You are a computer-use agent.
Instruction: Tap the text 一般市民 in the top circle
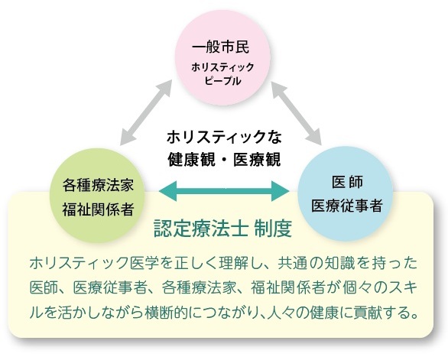[x=221, y=47]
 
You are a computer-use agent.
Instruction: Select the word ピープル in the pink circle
[x=223, y=81]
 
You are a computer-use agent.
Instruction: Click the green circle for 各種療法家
[x=97, y=196]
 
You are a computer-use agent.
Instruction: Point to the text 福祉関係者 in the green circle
[x=98, y=209]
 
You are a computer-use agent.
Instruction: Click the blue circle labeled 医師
[x=346, y=193]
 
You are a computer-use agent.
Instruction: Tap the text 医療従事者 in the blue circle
[x=347, y=206]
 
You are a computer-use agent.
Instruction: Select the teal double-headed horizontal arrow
[x=224, y=191]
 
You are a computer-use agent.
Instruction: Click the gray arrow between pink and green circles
[x=146, y=112]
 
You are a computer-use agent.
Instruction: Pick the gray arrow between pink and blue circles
[x=297, y=113]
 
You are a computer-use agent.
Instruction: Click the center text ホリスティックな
[x=224, y=137]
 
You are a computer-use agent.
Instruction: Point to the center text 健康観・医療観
[x=224, y=160]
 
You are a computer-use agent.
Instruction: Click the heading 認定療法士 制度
[x=222, y=229]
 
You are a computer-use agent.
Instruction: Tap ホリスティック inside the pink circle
[x=222, y=67]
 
